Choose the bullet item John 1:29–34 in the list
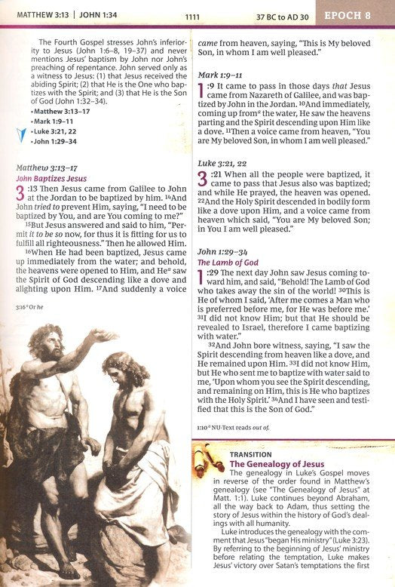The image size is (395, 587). click(x=55, y=140)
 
